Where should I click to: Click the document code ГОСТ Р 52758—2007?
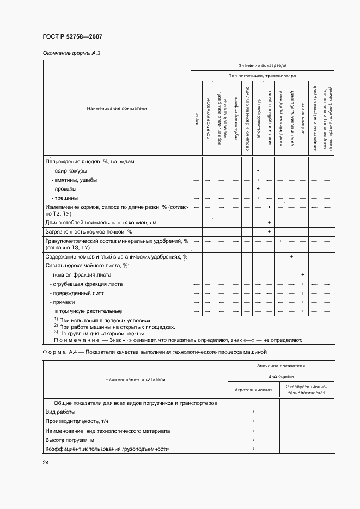point(72,36)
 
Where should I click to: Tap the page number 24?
point(45,463)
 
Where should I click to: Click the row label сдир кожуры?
point(66,171)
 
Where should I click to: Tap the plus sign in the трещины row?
point(257,198)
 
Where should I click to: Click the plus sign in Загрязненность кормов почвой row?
point(270,231)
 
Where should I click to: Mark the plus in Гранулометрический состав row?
point(280,241)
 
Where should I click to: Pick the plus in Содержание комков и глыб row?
point(292,256)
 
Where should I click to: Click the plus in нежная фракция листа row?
point(302,275)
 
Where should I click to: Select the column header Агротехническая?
point(253,390)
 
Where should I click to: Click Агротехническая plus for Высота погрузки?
point(253,440)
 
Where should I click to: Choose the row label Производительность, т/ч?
point(76,421)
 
